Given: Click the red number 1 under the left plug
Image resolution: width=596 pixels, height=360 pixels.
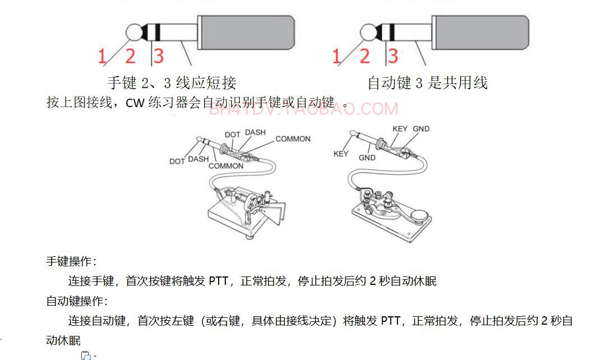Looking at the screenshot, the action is click(102, 56).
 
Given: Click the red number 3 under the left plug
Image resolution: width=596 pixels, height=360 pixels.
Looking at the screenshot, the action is click(159, 56).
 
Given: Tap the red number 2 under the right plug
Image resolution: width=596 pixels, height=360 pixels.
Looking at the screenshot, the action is click(364, 56).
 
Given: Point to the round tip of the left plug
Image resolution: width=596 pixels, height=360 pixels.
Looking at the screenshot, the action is click(134, 32).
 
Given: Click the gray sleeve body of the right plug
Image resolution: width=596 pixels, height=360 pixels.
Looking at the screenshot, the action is click(481, 33).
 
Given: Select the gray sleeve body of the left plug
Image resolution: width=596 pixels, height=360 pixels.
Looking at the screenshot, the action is click(247, 33).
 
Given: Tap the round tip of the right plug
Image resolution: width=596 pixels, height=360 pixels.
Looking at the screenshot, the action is click(368, 32).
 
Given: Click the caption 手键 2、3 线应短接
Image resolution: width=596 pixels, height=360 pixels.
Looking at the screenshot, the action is click(172, 83).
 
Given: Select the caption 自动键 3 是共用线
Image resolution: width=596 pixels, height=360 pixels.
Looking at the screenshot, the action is click(427, 83).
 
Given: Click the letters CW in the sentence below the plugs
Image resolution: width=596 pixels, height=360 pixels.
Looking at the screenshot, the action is click(135, 104).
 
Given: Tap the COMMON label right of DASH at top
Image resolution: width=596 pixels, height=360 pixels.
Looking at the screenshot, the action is click(293, 139).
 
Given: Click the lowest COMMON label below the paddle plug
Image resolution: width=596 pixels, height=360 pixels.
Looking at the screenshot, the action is click(226, 166).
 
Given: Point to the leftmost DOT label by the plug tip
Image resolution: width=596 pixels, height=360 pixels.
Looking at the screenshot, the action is click(177, 161).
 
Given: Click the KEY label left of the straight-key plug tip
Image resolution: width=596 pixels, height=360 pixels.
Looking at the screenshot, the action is click(341, 154).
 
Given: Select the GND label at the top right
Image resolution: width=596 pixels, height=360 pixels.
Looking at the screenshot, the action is click(421, 129).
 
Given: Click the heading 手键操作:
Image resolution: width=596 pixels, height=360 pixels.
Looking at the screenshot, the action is click(71, 261).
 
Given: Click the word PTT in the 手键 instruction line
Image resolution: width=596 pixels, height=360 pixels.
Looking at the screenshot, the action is click(218, 281).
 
